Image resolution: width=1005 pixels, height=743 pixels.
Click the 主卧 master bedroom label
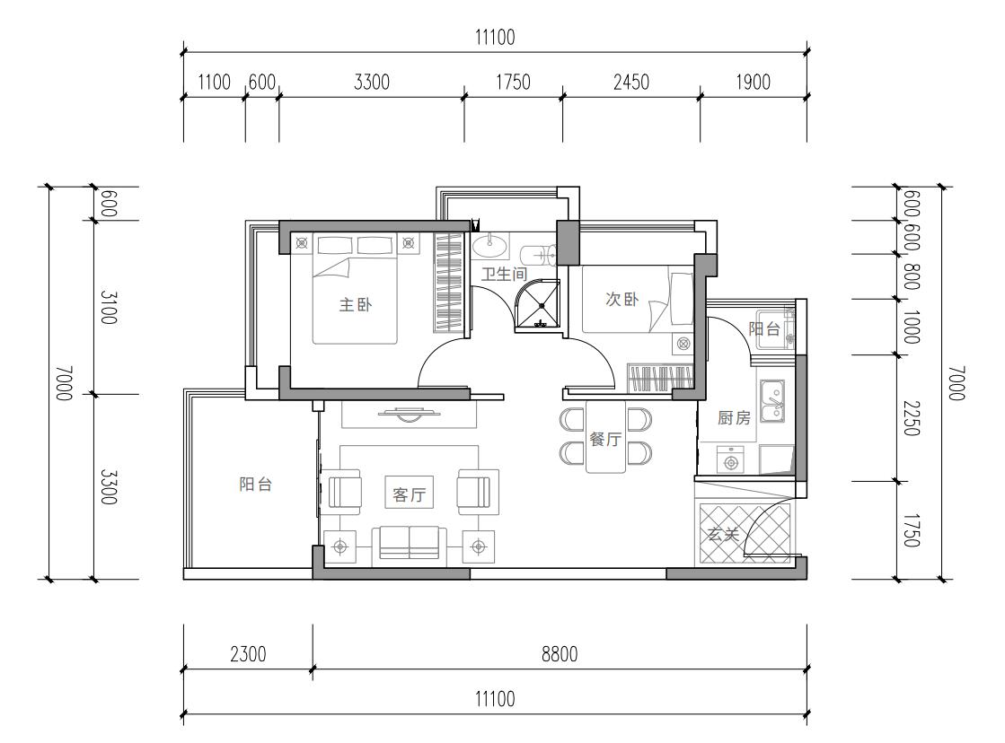click(355, 304)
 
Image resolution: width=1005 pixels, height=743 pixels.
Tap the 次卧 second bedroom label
click(622, 299)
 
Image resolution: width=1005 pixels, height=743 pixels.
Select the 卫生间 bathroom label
click(505, 275)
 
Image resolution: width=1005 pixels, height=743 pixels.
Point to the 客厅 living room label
click(409, 494)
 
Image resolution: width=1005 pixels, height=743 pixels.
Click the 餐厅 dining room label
click(605, 439)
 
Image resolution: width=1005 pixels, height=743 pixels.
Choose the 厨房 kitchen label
click(734, 417)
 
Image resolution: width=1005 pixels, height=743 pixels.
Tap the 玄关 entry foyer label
click(723, 534)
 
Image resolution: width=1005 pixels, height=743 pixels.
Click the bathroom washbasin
click(491, 243)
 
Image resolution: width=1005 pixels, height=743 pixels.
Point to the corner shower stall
click(538, 305)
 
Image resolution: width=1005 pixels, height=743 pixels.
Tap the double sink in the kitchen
click(771, 399)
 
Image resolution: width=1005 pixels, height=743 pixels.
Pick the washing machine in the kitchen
click(730, 460)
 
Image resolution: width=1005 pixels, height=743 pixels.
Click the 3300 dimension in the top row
click(372, 83)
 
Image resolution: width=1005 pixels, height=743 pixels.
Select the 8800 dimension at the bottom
click(560, 654)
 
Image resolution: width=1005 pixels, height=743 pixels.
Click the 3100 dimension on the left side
click(109, 307)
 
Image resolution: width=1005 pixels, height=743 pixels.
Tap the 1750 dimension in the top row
click(513, 83)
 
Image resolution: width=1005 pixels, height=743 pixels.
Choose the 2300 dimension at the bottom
click(248, 654)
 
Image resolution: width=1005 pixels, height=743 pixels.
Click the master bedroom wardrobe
click(449, 282)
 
